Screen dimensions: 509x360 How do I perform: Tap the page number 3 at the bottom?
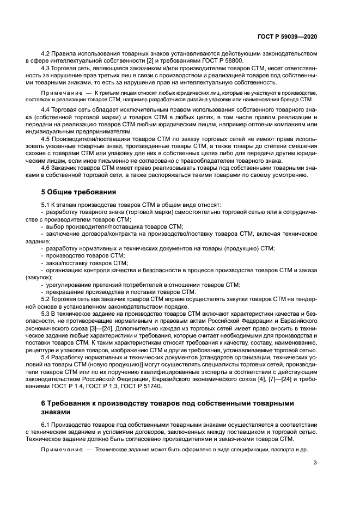click(x=315, y=463)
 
